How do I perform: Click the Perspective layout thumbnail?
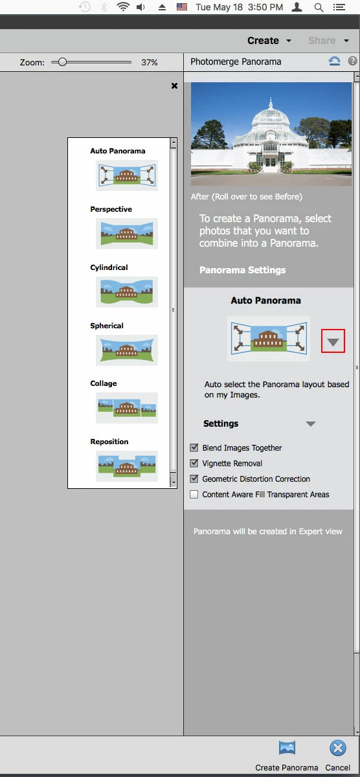(127, 234)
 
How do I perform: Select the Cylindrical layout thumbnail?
(127, 292)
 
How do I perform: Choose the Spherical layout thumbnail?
(127, 350)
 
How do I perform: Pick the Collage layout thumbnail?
(127, 407)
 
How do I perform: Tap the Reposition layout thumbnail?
(127, 466)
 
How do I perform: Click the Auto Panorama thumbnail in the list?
(127, 175)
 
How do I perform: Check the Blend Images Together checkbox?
(194, 447)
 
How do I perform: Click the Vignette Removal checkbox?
(194, 463)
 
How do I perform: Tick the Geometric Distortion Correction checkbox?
(194, 479)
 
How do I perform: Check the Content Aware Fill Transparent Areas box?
(194, 494)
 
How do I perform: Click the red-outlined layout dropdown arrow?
(333, 341)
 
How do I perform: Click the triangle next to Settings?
(311, 423)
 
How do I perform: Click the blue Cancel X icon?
(338, 749)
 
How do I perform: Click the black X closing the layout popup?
(174, 85)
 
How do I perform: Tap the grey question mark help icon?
(352, 61)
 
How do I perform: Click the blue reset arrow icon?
(334, 62)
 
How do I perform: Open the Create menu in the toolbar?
(269, 41)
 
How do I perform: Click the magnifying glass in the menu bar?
(319, 7)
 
